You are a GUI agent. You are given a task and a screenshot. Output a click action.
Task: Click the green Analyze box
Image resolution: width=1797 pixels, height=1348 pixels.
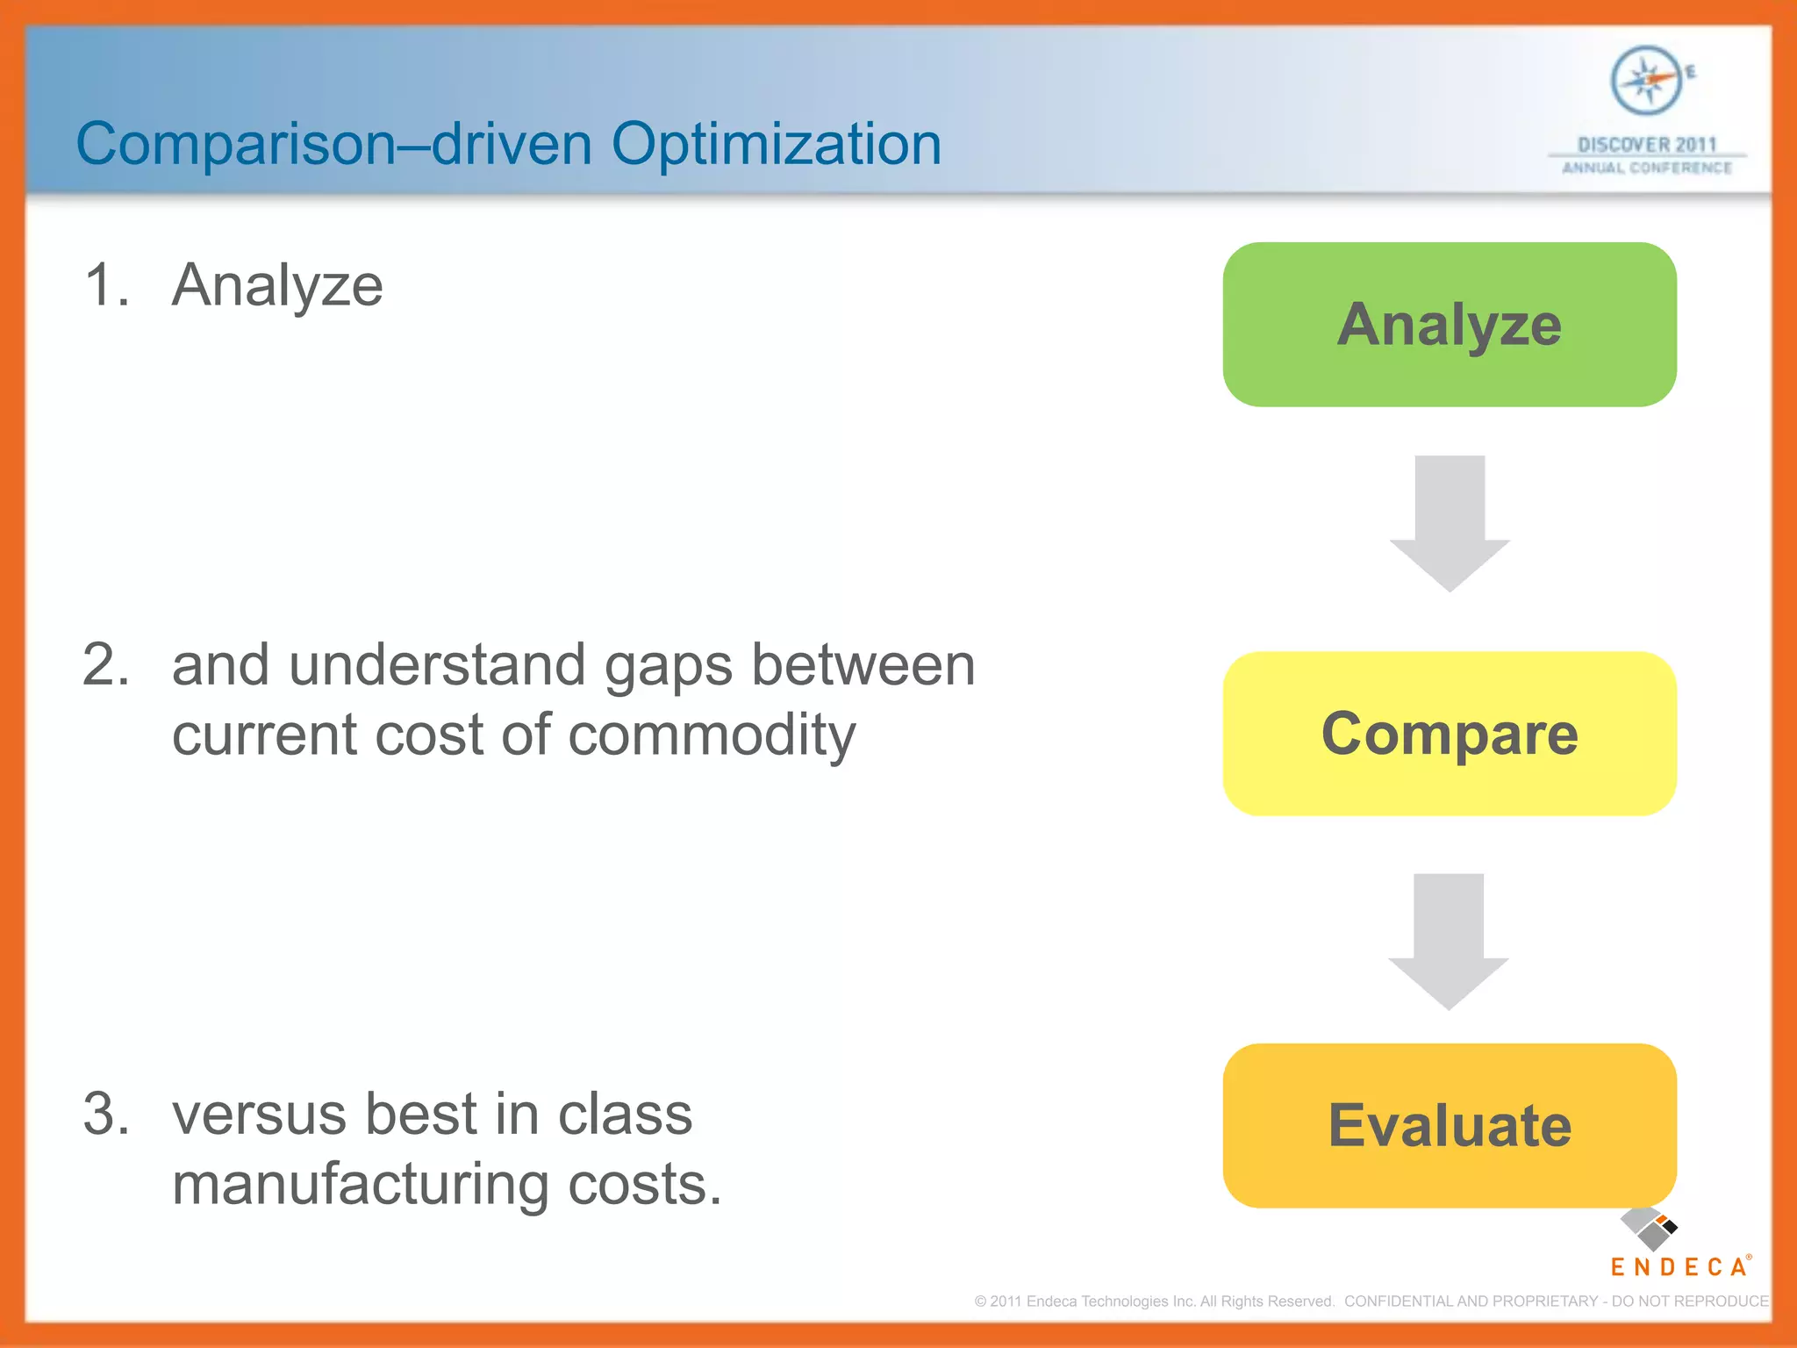tap(1450, 325)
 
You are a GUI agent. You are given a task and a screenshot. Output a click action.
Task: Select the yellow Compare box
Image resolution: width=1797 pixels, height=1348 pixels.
tap(1450, 734)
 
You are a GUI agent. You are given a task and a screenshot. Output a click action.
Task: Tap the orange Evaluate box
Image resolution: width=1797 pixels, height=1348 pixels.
tap(1450, 1125)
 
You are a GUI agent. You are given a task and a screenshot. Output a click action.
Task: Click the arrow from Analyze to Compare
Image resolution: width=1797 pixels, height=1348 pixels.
tap(1450, 522)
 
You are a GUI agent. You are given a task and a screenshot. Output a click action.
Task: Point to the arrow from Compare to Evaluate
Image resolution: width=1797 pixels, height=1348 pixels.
tap(1449, 941)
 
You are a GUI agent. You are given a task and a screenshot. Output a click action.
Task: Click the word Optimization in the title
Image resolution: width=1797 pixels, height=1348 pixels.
tap(776, 145)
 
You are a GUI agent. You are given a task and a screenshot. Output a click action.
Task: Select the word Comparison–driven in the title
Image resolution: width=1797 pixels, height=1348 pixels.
tap(333, 145)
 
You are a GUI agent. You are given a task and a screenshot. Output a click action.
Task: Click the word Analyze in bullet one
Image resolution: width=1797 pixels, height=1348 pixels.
tap(277, 286)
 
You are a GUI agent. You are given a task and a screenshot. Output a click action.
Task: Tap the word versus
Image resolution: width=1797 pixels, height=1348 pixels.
tap(259, 1115)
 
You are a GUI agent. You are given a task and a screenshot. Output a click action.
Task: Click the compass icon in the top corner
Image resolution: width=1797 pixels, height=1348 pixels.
tap(1646, 81)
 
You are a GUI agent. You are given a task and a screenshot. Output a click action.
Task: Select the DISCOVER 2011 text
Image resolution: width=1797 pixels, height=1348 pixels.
tap(1646, 144)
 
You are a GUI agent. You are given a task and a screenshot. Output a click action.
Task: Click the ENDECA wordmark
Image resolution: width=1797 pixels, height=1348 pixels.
tap(1679, 1266)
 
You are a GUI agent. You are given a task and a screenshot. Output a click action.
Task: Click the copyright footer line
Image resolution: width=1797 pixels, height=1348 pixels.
tap(1371, 1301)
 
